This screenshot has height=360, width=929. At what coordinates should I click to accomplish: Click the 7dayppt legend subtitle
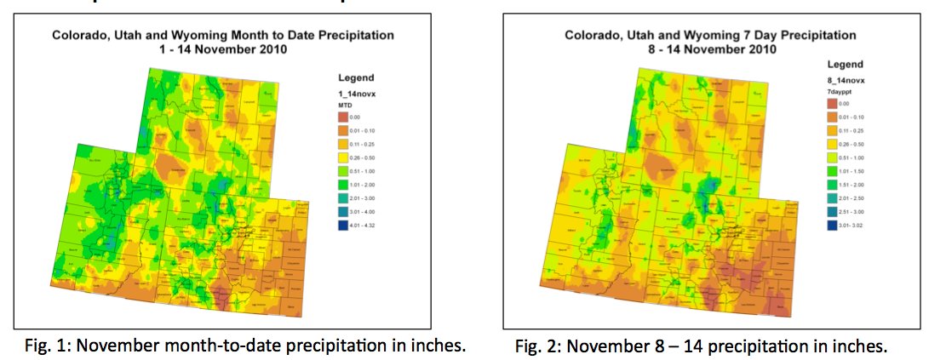point(841,89)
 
